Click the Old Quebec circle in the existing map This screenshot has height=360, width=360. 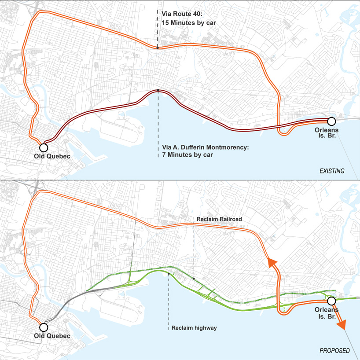[43, 147]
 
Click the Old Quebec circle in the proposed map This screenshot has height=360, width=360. [43, 327]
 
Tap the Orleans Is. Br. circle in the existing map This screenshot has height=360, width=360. [332, 121]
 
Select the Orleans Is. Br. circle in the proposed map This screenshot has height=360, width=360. [332, 301]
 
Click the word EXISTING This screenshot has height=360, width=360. [332, 171]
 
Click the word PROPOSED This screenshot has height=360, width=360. [334, 351]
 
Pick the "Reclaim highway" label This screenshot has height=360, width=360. [194, 328]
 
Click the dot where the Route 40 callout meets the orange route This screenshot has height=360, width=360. [158, 48]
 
